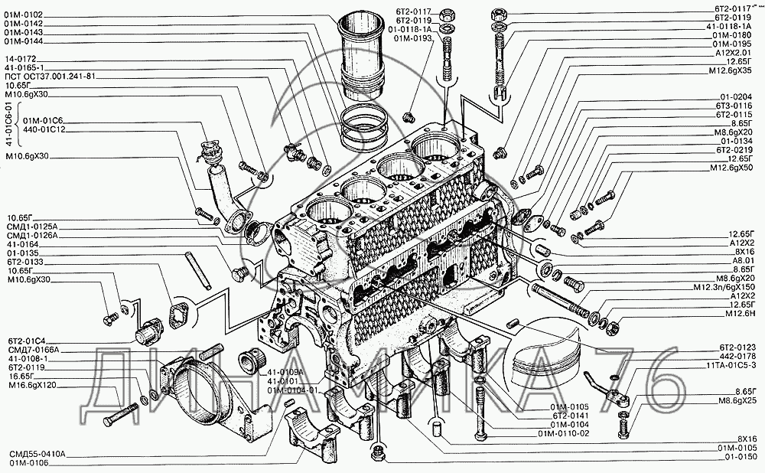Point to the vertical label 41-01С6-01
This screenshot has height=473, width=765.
pos(9,126)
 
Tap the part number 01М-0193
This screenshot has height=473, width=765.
pos(413,38)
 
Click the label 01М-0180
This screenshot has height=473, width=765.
pos(731,34)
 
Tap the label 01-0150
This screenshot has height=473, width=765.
pos(737,457)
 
